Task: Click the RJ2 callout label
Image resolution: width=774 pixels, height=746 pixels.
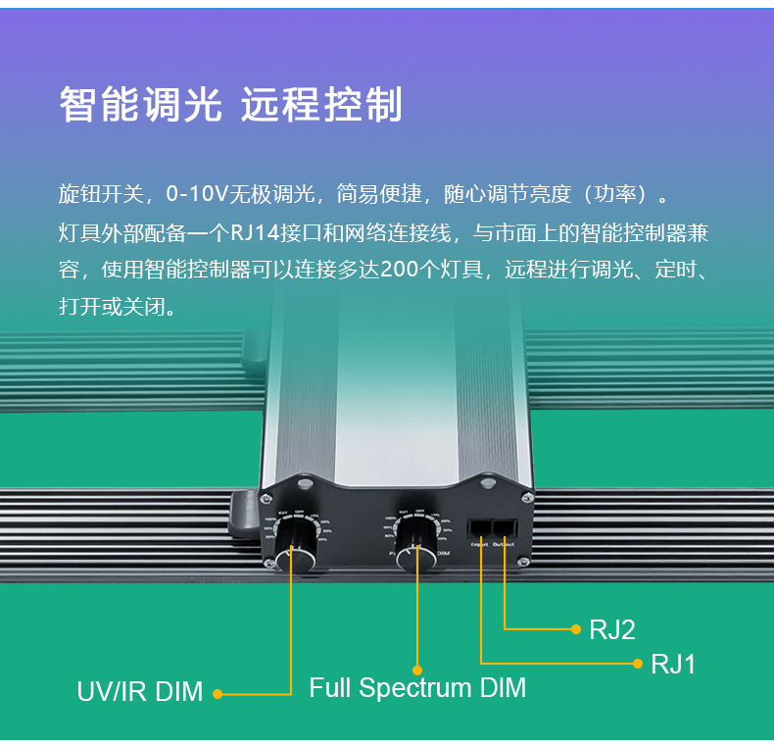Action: pos(612,629)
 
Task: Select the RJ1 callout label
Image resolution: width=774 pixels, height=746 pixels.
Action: pos(673,664)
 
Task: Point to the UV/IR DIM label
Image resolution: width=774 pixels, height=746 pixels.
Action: pos(140,692)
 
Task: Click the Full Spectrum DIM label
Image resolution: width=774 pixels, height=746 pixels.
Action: pos(417,687)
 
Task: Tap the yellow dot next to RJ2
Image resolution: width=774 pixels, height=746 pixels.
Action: pos(576,629)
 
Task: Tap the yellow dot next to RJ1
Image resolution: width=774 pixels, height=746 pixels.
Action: pos(638,664)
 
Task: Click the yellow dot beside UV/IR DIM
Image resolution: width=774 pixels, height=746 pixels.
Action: pos(218,693)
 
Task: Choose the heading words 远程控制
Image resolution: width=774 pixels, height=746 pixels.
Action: pos(321,105)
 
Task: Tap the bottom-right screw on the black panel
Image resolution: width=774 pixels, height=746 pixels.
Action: pos(524,560)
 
